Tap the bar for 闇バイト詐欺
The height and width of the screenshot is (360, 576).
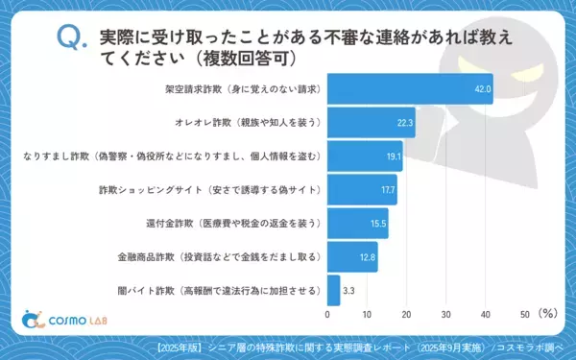(x=334, y=290)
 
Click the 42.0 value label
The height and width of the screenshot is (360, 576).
(x=480, y=89)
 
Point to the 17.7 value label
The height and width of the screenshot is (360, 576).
(x=388, y=190)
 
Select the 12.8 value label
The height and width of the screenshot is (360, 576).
(x=368, y=256)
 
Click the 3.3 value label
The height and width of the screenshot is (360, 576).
(x=351, y=290)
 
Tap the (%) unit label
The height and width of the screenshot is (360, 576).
(x=548, y=313)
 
